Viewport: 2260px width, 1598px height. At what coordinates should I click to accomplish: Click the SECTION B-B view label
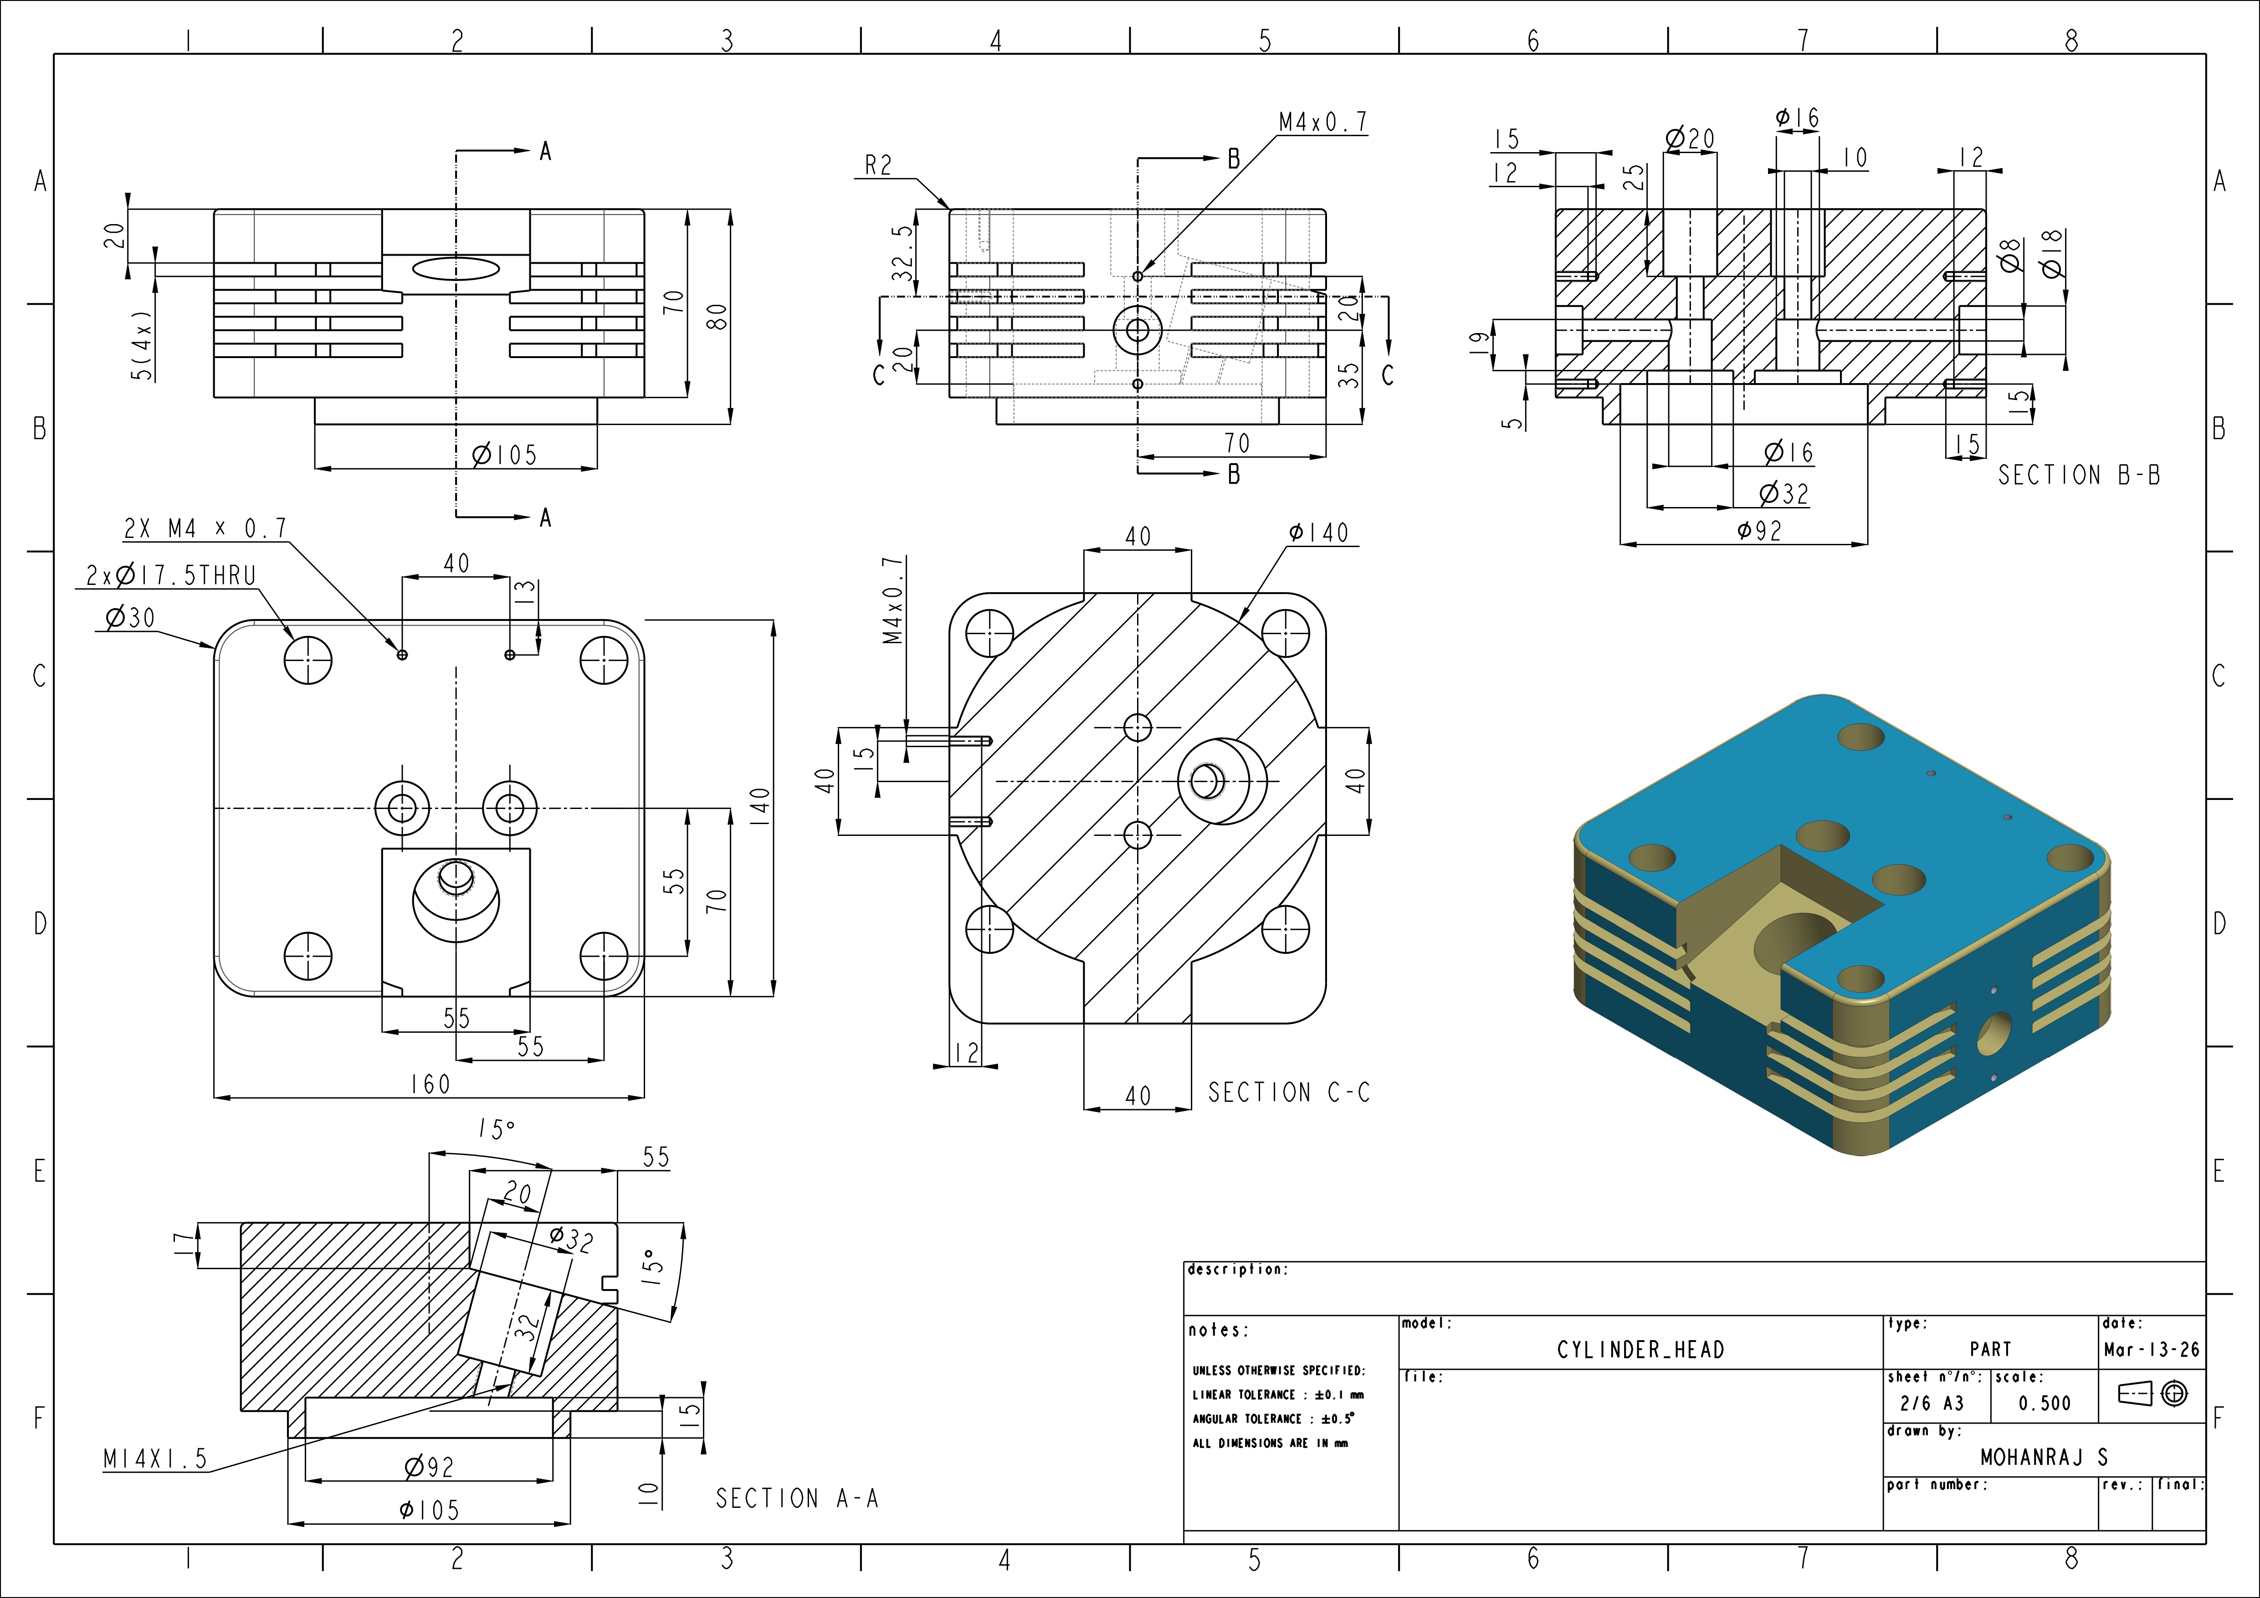(2079, 475)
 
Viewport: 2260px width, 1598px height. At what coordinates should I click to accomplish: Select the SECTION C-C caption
(1288, 1092)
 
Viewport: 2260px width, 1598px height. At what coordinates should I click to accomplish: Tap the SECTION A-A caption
(796, 1499)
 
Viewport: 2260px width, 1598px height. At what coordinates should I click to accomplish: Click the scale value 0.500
(2045, 1403)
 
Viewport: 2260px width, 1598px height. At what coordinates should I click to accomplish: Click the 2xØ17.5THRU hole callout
(171, 576)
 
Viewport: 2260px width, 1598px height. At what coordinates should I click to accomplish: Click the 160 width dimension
(430, 1083)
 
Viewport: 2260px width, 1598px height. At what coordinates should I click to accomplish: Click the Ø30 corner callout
(130, 618)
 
